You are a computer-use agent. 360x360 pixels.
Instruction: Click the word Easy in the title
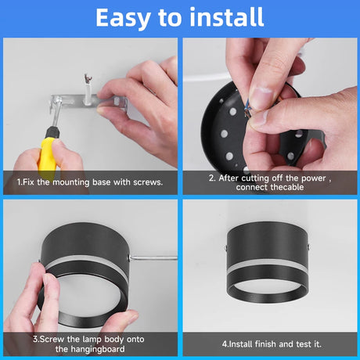click(x=123, y=18)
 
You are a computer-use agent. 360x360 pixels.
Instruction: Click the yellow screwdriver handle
click(x=47, y=155)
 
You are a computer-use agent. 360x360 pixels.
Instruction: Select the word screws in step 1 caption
click(x=148, y=182)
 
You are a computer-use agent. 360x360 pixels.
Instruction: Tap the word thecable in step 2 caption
click(x=287, y=187)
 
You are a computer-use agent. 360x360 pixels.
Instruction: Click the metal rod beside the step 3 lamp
click(x=154, y=258)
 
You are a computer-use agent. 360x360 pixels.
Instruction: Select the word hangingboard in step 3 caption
click(x=98, y=349)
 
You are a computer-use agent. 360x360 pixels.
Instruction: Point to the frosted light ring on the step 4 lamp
click(x=267, y=265)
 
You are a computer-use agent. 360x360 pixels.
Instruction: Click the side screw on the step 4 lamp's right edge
click(x=308, y=247)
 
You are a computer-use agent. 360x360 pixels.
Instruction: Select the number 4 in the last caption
click(x=225, y=344)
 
